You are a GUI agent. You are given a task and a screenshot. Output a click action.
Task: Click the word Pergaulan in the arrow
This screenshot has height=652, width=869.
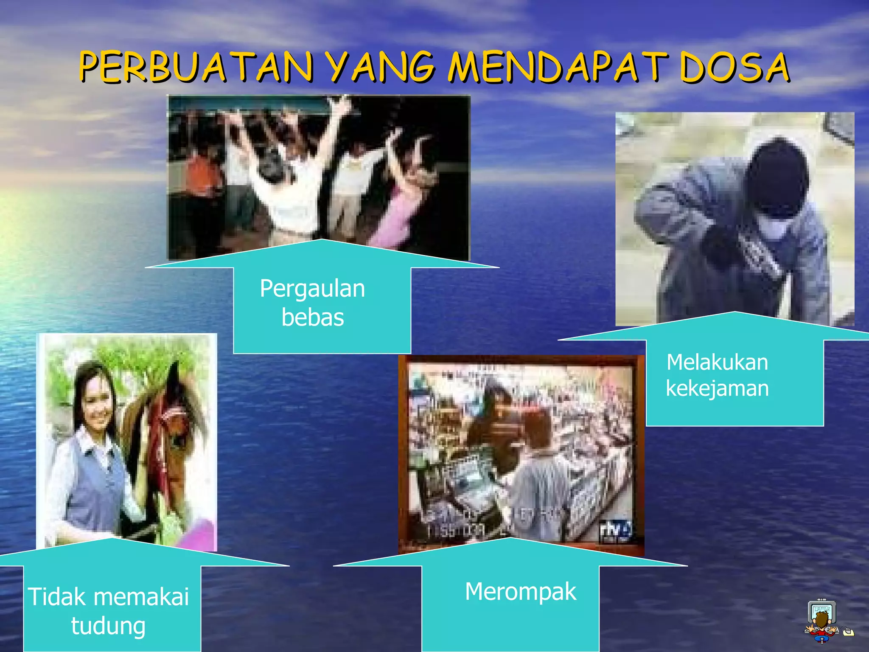(312, 289)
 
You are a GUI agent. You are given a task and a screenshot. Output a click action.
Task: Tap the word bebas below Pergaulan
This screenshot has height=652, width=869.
(312, 318)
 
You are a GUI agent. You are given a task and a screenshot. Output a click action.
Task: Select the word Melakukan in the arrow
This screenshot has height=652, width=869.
(717, 363)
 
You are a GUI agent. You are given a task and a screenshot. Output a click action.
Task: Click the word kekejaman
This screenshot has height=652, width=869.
(717, 388)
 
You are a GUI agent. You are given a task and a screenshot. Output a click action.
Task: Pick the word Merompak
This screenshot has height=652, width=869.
(521, 592)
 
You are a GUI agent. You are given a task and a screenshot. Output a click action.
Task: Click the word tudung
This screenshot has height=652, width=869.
(108, 626)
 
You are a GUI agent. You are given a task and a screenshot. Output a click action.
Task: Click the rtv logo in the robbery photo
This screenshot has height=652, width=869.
(615, 531)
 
